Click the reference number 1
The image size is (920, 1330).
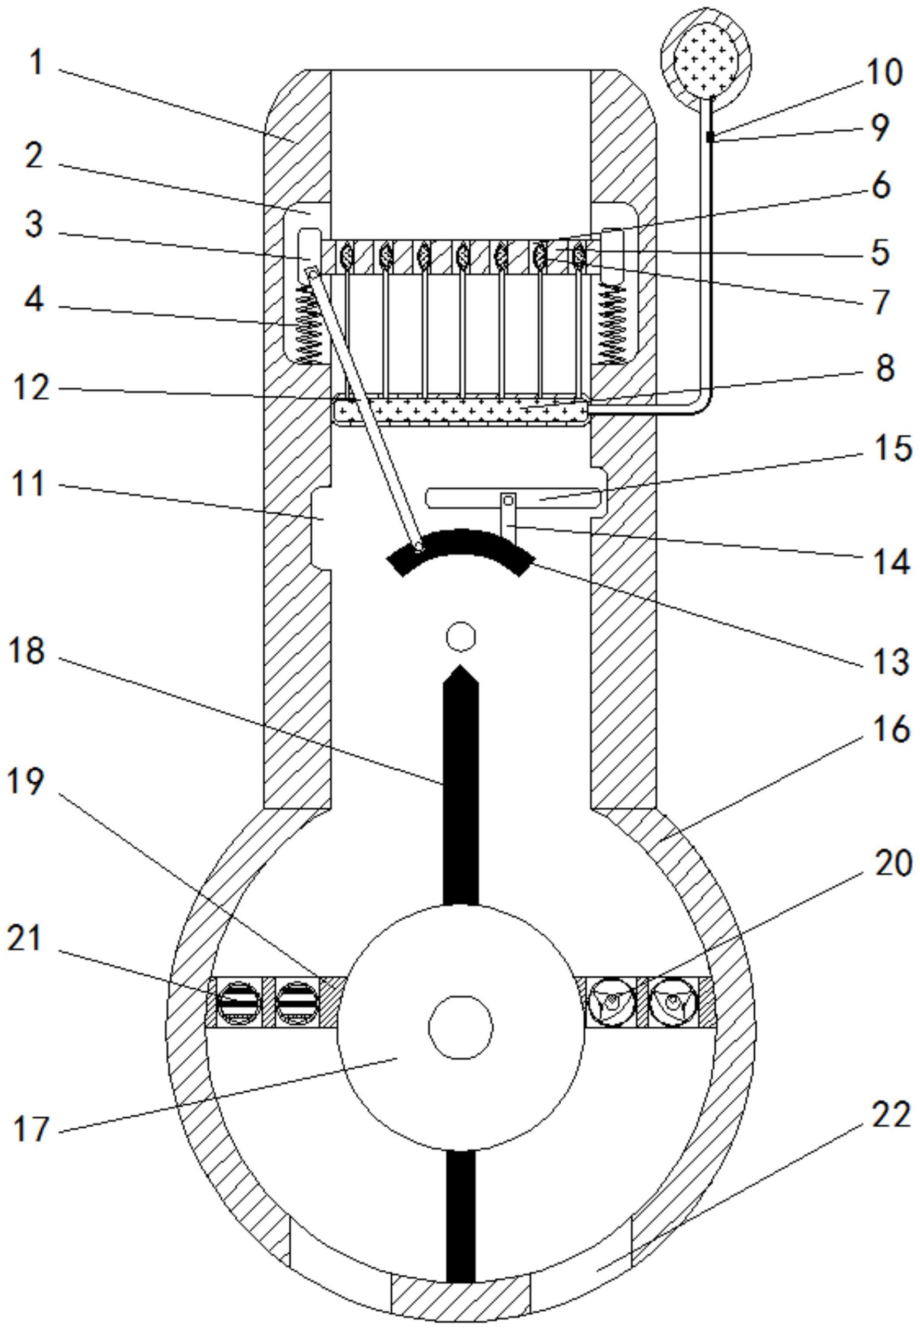point(36,62)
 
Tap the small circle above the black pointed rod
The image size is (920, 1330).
point(461,637)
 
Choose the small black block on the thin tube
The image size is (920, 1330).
point(710,137)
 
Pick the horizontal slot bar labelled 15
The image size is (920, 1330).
point(513,496)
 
